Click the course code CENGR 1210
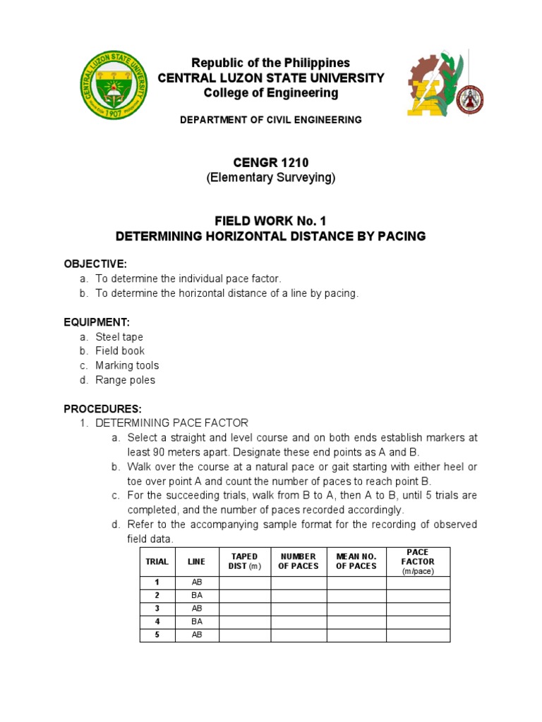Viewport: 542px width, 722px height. point(270,163)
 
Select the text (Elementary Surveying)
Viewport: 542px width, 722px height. point(270,178)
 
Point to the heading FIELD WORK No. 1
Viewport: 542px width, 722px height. point(270,221)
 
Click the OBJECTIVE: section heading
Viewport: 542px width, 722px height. point(95,264)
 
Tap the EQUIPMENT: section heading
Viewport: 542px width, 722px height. point(97,322)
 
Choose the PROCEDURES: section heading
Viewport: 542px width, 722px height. point(103,409)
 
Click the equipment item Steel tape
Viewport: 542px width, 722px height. point(119,337)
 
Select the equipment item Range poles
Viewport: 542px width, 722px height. point(125,380)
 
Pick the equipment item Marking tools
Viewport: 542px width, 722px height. point(127,365)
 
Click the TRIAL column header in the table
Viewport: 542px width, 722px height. point(157,561)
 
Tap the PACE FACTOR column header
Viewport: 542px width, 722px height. point(418,561)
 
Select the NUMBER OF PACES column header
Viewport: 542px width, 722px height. point(299,561)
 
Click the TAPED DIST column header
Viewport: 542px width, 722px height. point(245,561)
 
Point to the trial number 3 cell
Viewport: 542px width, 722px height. point(157,608)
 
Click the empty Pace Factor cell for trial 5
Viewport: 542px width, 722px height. point(418,635)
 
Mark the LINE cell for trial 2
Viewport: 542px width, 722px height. point(197,595)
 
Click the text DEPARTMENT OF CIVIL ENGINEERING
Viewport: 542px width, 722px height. point(270,120)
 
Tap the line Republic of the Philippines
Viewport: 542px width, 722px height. point(270,63)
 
